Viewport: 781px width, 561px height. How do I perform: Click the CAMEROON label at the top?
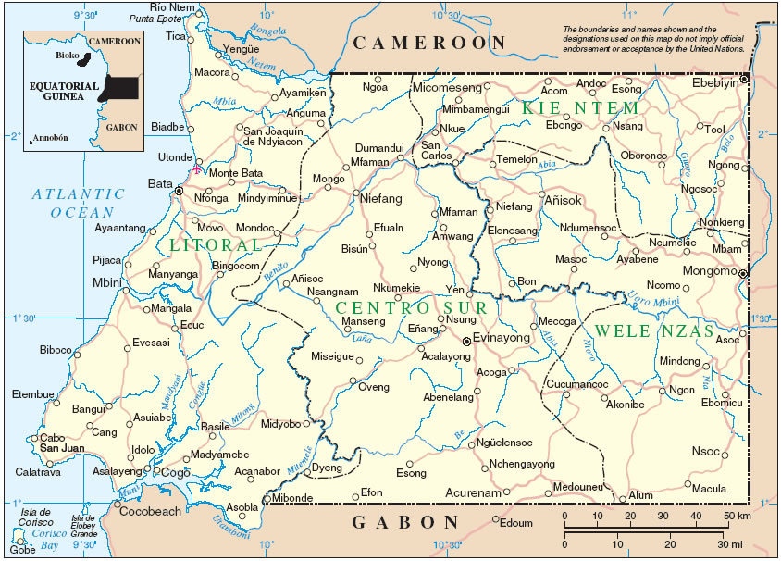pyautogui.click(x=430, y=43)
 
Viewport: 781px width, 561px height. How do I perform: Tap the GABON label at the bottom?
pyautogui.click(x=406, y=523)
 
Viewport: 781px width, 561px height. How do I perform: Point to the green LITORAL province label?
pyautogui.click(x=216, y=245)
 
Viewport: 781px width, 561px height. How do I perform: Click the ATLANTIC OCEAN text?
pyautogui.click(x=78, y=203)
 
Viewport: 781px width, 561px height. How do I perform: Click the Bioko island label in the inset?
pyautogui.click(x=66, y=56)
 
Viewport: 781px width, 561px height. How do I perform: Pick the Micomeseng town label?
pyautogui.click(x=447, y=87)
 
